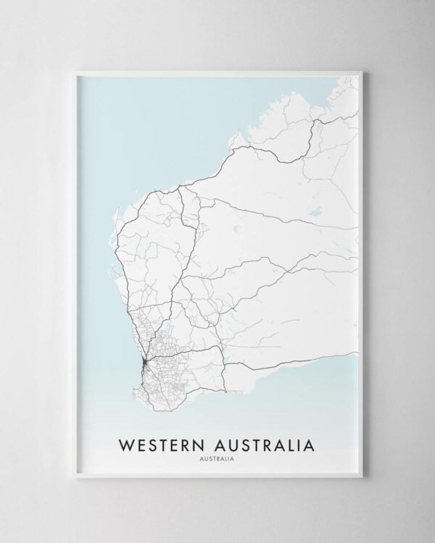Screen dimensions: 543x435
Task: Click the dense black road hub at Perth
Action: point(144,360)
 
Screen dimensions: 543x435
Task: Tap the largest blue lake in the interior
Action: point(314,214)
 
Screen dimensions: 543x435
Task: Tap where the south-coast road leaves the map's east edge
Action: point(358,354)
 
